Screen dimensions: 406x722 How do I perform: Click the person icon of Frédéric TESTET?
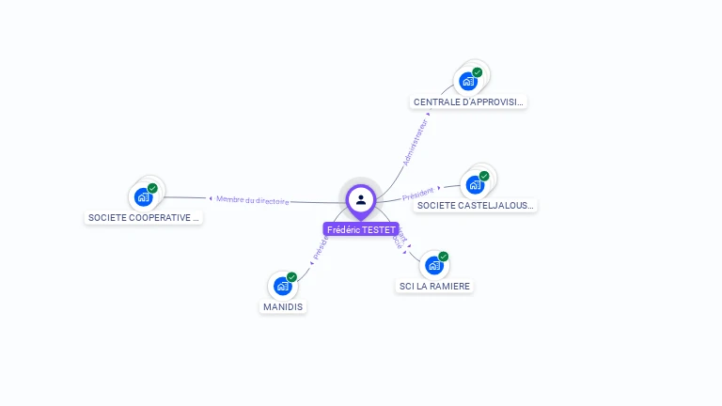pos(361,199)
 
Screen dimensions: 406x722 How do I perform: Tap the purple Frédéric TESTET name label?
pos(361,229)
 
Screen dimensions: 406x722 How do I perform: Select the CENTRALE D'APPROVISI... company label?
pos(469,101)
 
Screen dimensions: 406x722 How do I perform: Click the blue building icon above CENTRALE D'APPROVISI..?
pos(467,81)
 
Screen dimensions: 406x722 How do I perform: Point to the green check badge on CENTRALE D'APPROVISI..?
pos(478,72)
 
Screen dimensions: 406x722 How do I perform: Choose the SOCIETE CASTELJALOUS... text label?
pos(476,205)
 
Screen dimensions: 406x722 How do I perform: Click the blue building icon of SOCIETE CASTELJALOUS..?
pos(475,184)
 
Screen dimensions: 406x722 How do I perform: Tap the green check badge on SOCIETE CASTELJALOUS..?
pos(484,176)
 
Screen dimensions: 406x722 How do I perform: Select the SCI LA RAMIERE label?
pos(434,286)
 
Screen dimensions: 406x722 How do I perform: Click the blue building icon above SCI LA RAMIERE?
pos(433,265)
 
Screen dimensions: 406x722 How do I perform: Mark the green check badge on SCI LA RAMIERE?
pos(444,257)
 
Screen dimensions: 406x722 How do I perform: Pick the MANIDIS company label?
pos(283,306)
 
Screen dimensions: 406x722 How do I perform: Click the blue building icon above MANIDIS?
pos(282,286)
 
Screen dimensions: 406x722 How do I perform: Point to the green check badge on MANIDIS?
pos(292,277)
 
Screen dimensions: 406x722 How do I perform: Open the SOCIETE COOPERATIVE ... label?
pos(144,217)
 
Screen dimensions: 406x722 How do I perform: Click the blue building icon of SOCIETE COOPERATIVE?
pos(142,196)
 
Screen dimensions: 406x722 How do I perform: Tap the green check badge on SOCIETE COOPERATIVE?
pos(152,188)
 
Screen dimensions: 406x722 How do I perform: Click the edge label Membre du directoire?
pos(252,199)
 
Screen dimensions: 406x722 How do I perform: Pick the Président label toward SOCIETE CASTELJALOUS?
pos(418,194)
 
